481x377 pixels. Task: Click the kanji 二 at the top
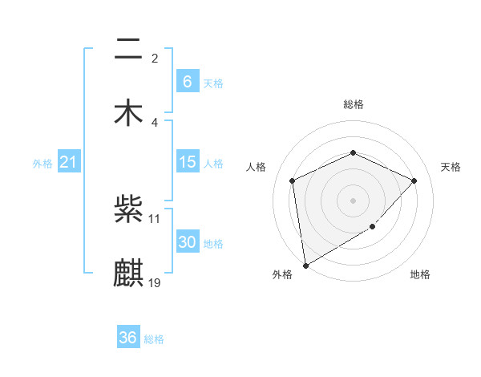point(129,51)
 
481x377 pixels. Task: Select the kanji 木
point(129,111)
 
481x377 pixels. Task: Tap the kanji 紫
point(129,210)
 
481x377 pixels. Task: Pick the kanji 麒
point(129,272)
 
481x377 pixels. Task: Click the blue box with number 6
point(187,81)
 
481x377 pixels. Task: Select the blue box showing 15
point(187,162)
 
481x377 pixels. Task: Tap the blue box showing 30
point(187,242)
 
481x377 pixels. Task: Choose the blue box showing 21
point(68,162)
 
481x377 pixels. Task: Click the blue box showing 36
point(127,338)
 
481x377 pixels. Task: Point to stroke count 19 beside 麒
point(155,282)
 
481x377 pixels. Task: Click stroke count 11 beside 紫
point(155,218)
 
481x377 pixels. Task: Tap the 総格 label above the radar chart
point(353,104)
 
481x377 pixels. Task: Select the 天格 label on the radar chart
point(451,167)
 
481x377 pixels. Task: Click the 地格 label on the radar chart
point(420,275)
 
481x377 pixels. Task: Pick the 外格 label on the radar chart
point(282,275)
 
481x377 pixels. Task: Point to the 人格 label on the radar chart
point(257,167)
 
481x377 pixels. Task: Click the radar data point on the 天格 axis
point(414,180)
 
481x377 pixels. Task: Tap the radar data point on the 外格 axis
point(305,265)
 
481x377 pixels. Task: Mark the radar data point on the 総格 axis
point(353,152)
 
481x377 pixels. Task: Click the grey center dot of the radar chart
point(353,200)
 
